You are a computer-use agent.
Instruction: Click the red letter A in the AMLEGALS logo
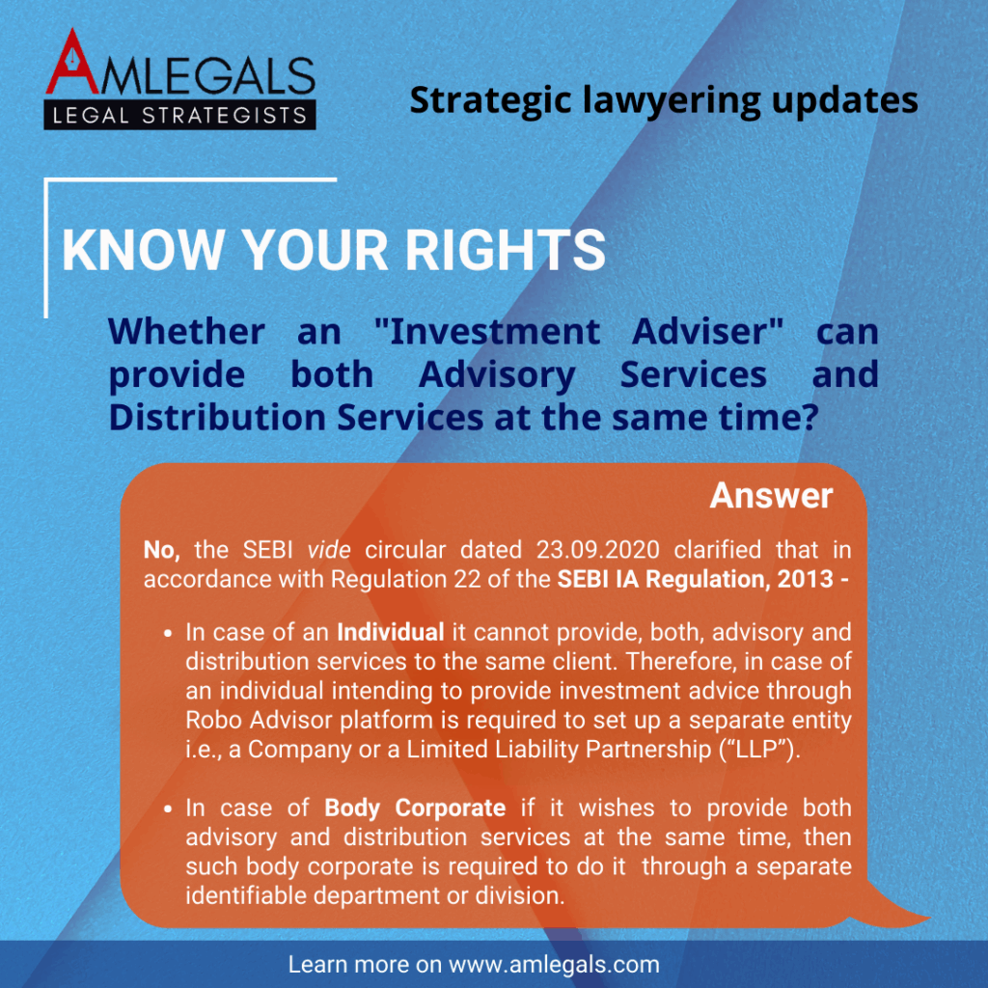click(x=71, y=63)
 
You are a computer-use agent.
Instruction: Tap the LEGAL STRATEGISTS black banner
click(x=179, y=115)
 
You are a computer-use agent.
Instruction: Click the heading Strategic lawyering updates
click(x=664, y=100)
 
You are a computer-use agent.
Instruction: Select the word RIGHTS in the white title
click(x=505, y=250)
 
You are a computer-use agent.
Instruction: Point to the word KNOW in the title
click(x=143, y=250)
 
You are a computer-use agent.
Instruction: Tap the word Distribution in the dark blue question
click(x=217, y=417)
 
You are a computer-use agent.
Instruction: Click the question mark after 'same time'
click(x=810, y=417)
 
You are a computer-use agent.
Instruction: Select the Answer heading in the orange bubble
click(x=771, y=496)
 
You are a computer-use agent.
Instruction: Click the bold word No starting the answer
click(x=161, y=550)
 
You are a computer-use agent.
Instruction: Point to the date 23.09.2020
click(x=597, y=550)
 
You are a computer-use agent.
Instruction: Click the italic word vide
click(x=329, y=550)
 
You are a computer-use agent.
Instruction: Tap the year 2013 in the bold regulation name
click(x=806, y=579)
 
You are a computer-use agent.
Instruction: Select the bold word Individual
click(x=391, y=632)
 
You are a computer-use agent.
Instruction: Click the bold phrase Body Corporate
click(x=415, y=809)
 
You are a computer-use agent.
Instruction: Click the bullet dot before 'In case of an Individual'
click(x=168, y=633)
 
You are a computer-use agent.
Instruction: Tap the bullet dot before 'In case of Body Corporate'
click(x=168, y=810)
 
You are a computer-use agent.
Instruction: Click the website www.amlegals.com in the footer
click(x=554, y=965)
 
